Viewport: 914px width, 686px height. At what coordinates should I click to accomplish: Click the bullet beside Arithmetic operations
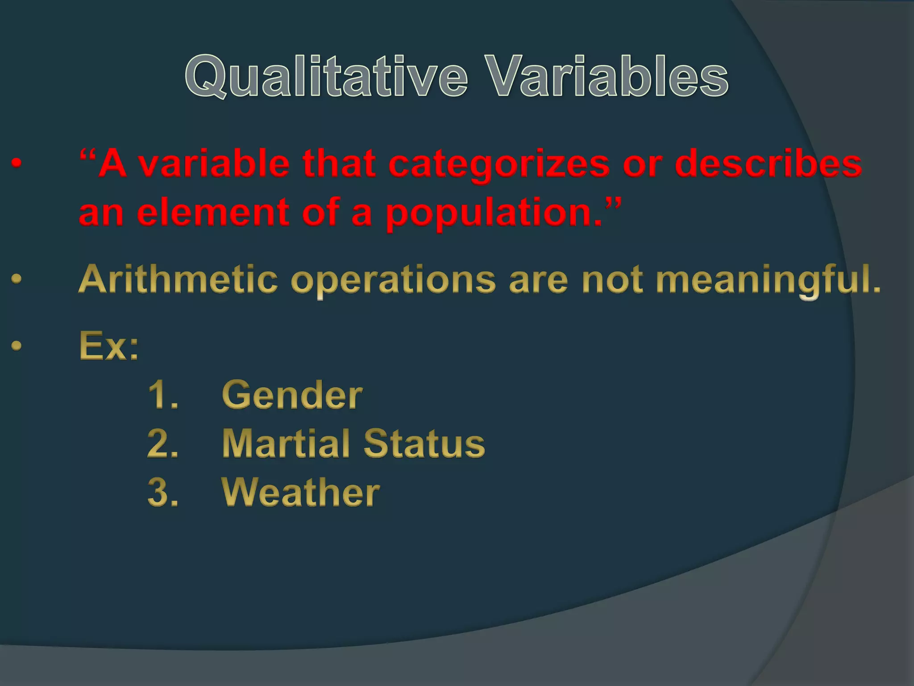pos(17,280)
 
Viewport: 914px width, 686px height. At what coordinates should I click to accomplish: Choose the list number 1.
pos(162,395)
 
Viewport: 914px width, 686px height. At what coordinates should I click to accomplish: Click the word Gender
pos(292,395)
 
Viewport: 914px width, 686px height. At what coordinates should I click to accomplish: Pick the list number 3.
pos(162,492)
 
